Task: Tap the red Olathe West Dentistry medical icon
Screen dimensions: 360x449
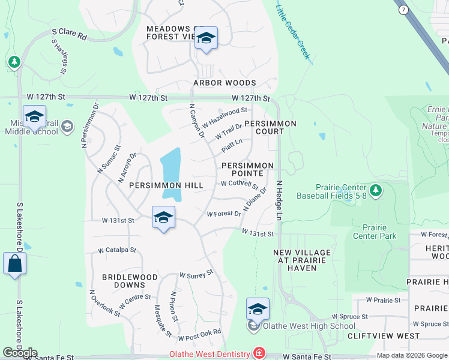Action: tap(259, 354)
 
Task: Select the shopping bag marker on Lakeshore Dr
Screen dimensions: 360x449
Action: tap(14, 264)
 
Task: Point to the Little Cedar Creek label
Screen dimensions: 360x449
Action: tap(292, 32)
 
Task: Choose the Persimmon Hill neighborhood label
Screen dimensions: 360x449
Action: tap(166, 185)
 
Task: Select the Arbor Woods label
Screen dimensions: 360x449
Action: tap(224, 83)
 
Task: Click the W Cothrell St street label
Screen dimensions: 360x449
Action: tap(239, 185)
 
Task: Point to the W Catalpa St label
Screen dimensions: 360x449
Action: tap(118, 250)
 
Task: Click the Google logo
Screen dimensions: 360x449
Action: tap(20, 353)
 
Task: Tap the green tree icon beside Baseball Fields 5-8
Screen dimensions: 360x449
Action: tap(376, 190)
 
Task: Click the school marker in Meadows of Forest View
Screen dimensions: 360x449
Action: tap(206, 38)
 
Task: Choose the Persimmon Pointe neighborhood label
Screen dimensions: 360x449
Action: tap(247, 169)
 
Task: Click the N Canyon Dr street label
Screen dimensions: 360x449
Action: tap(196, 121)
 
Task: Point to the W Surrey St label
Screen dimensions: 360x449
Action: tap(196, 274)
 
